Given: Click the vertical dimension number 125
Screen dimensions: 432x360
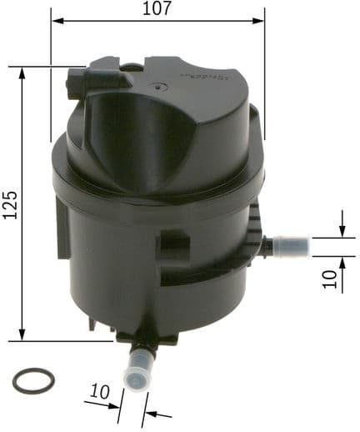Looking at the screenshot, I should coord(10,203).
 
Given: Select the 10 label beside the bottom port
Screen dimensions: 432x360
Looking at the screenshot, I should coord(100,391).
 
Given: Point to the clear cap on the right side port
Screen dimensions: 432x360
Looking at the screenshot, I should coord(293,246).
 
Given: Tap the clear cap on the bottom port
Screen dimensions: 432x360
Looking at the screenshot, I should coord(134,372).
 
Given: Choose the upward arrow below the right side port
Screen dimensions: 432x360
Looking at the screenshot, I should coord(342,265).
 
